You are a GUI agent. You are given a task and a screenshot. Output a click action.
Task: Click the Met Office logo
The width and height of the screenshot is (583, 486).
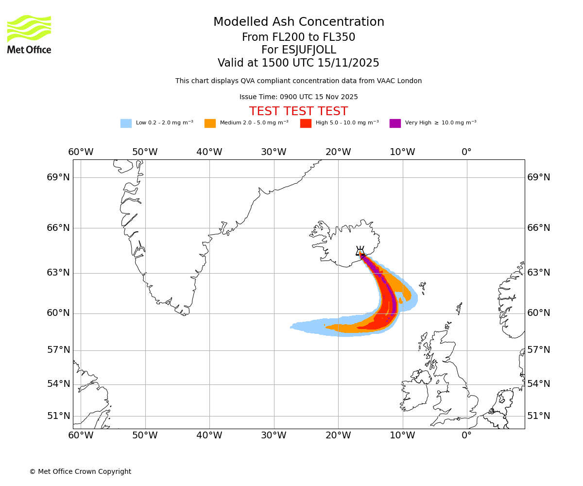[x=29, y=34]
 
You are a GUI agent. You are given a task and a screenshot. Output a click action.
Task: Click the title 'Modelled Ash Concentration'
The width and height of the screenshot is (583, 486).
[x=299, y=22]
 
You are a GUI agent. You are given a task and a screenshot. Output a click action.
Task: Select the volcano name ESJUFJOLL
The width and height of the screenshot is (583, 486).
[x=299, y=50]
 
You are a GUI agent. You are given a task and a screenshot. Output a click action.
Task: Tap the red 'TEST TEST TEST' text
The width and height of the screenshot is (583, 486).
[x=299, y=112]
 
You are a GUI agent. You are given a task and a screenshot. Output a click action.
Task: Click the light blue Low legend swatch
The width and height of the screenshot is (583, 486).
[x=126, y=123]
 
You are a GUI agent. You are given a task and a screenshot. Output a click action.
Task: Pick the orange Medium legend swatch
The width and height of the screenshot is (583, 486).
[x=210, y=123]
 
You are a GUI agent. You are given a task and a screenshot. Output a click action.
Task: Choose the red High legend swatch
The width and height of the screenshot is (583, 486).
[x=306, y=123]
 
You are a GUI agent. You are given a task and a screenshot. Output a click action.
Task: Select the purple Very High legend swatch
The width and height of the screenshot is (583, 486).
[x=395, y=123]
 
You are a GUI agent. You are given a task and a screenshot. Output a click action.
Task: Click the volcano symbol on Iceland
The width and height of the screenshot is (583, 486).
[x=360, y=251]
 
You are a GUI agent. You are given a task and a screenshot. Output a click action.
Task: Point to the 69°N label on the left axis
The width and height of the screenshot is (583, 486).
[x=58, y=177]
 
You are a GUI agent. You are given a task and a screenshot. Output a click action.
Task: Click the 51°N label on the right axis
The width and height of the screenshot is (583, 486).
[x=539, y=416]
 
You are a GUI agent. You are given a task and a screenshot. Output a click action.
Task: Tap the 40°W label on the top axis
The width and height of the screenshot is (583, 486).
[x=209, y=152]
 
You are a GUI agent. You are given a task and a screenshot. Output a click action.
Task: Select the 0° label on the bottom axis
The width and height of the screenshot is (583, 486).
[x=466, y=435]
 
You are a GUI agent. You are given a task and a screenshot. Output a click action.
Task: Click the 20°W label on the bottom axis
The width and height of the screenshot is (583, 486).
[x=338, y=435]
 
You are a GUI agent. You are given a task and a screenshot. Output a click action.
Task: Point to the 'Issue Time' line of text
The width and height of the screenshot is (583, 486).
[x=299, y=97]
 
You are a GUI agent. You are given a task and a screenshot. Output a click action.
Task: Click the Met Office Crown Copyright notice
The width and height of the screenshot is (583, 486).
[x=80, y=472]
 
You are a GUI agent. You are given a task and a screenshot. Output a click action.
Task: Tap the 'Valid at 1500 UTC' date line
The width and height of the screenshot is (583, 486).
[x=299, y=63]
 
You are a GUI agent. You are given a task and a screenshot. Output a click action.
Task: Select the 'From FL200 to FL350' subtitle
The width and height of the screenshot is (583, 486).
[x=299, y=37]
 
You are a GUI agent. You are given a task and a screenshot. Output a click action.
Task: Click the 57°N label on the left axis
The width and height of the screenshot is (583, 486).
[x=58, y=350]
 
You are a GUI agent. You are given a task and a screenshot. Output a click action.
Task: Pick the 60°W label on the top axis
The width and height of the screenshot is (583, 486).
[x=81, y=152]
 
